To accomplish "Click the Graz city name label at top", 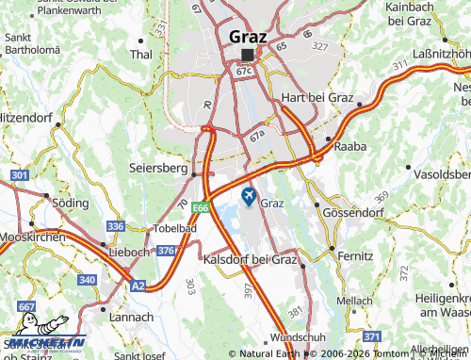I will [248, 37].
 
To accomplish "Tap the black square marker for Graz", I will [247, 55].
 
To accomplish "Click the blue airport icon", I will [250, 196].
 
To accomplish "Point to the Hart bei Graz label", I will [317, 98].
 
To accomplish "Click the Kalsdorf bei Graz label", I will [250, 258].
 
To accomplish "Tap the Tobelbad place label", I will [176, 229].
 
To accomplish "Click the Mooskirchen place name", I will [32, 238].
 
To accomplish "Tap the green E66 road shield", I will [200, 206].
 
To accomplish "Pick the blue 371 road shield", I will [372, 336].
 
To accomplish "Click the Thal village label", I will [140, 55].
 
